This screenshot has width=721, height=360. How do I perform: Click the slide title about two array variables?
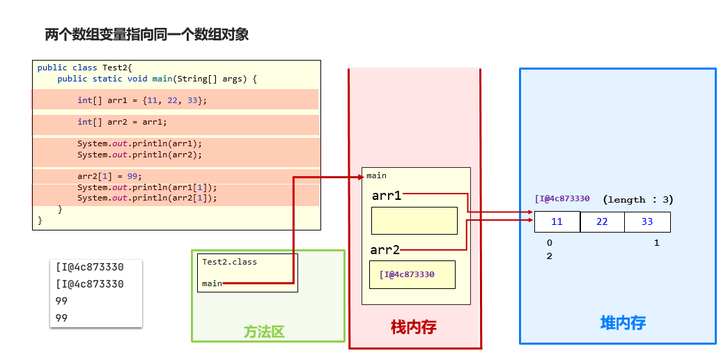point(146,34)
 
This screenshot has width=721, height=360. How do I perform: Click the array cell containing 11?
point(557,222)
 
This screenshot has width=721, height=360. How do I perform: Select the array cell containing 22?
point(602,222)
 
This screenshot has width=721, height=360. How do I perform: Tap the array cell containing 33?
point(647,222)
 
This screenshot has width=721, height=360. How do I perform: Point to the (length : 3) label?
point(637,199)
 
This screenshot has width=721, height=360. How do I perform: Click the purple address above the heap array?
point(562,199)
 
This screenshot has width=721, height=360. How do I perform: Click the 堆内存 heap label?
point(623,323)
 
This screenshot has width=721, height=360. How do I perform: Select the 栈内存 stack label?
point(414,327)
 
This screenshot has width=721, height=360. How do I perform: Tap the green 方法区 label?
point(264,332)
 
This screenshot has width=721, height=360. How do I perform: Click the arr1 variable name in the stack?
point(387,196)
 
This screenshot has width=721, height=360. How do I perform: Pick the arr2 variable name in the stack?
point(385,250)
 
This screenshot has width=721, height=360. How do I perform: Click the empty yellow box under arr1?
point(414,221)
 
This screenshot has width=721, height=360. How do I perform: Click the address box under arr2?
point(412,274)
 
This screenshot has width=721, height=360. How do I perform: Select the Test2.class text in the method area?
point(229,262)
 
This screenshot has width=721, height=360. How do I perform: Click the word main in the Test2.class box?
point(212,283)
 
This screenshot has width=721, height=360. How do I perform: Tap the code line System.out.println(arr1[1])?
point(147,187)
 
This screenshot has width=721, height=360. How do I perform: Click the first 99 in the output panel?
point(62,301)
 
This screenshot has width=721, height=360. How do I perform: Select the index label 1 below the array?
point(657,243)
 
